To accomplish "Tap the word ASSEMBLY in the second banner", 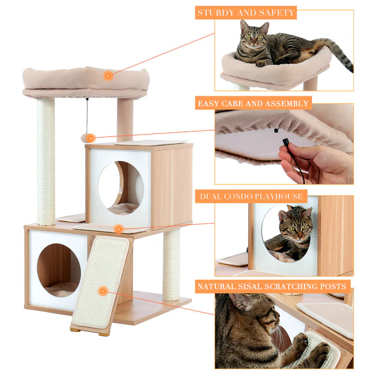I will (288, 104).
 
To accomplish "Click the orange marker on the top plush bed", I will (108, 75).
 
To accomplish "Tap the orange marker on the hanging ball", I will (91, 138).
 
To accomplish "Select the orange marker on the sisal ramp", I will (103, 291).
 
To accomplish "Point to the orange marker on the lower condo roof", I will (119, 229).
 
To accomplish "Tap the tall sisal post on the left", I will (46, 159).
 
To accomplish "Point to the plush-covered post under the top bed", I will (125, 120).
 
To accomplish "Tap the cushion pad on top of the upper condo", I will (151, 142).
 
